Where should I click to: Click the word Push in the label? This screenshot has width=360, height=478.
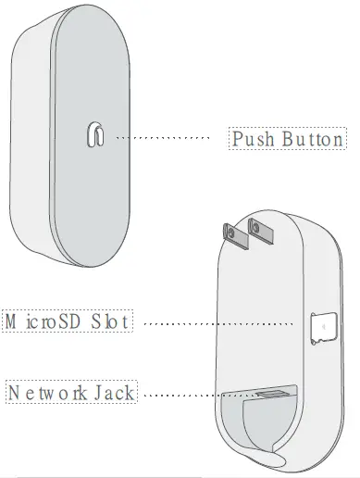[250, 140]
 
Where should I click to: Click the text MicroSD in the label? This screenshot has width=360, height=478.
[45, 321]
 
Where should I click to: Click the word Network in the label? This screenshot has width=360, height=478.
[53, 392]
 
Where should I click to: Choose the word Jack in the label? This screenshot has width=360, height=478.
[115, 392]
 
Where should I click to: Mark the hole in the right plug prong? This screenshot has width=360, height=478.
[255, 224]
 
